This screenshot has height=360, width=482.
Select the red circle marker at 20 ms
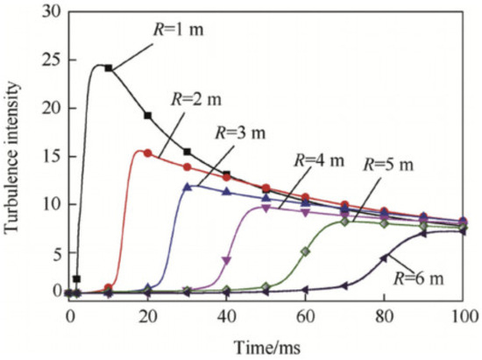coord(148,153)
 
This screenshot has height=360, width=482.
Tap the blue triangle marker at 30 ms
coord(188,186)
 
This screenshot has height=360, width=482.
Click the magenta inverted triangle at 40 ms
coord(227,260)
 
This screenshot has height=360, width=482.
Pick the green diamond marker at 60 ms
coord(306,251)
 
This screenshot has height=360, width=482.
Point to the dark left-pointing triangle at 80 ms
coord(384,258)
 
